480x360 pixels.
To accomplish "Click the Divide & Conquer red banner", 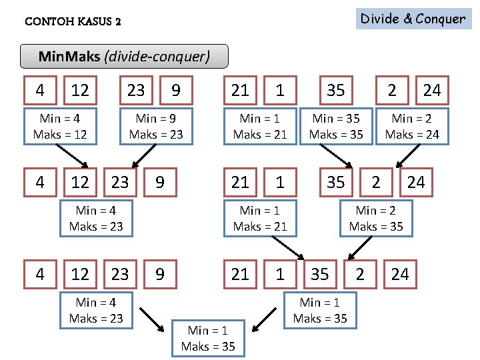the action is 413,19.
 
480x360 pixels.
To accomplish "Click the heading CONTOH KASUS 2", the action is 73,21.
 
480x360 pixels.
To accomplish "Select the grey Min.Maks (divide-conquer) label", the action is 124,57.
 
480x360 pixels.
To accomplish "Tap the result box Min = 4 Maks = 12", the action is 60,126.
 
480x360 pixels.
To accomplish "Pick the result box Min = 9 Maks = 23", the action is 156,126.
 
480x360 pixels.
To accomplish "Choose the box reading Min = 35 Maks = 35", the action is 336,126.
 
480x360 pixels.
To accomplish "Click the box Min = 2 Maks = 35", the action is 376,218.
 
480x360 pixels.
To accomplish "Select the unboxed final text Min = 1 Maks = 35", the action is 208,338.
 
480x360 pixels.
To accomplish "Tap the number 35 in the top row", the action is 336,89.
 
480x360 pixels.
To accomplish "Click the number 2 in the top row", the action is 392,89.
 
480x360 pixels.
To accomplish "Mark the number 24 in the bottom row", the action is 400,273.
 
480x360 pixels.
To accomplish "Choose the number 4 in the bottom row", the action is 40,273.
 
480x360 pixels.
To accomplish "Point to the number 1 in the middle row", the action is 280,181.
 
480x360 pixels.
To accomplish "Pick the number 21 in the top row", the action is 240,89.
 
